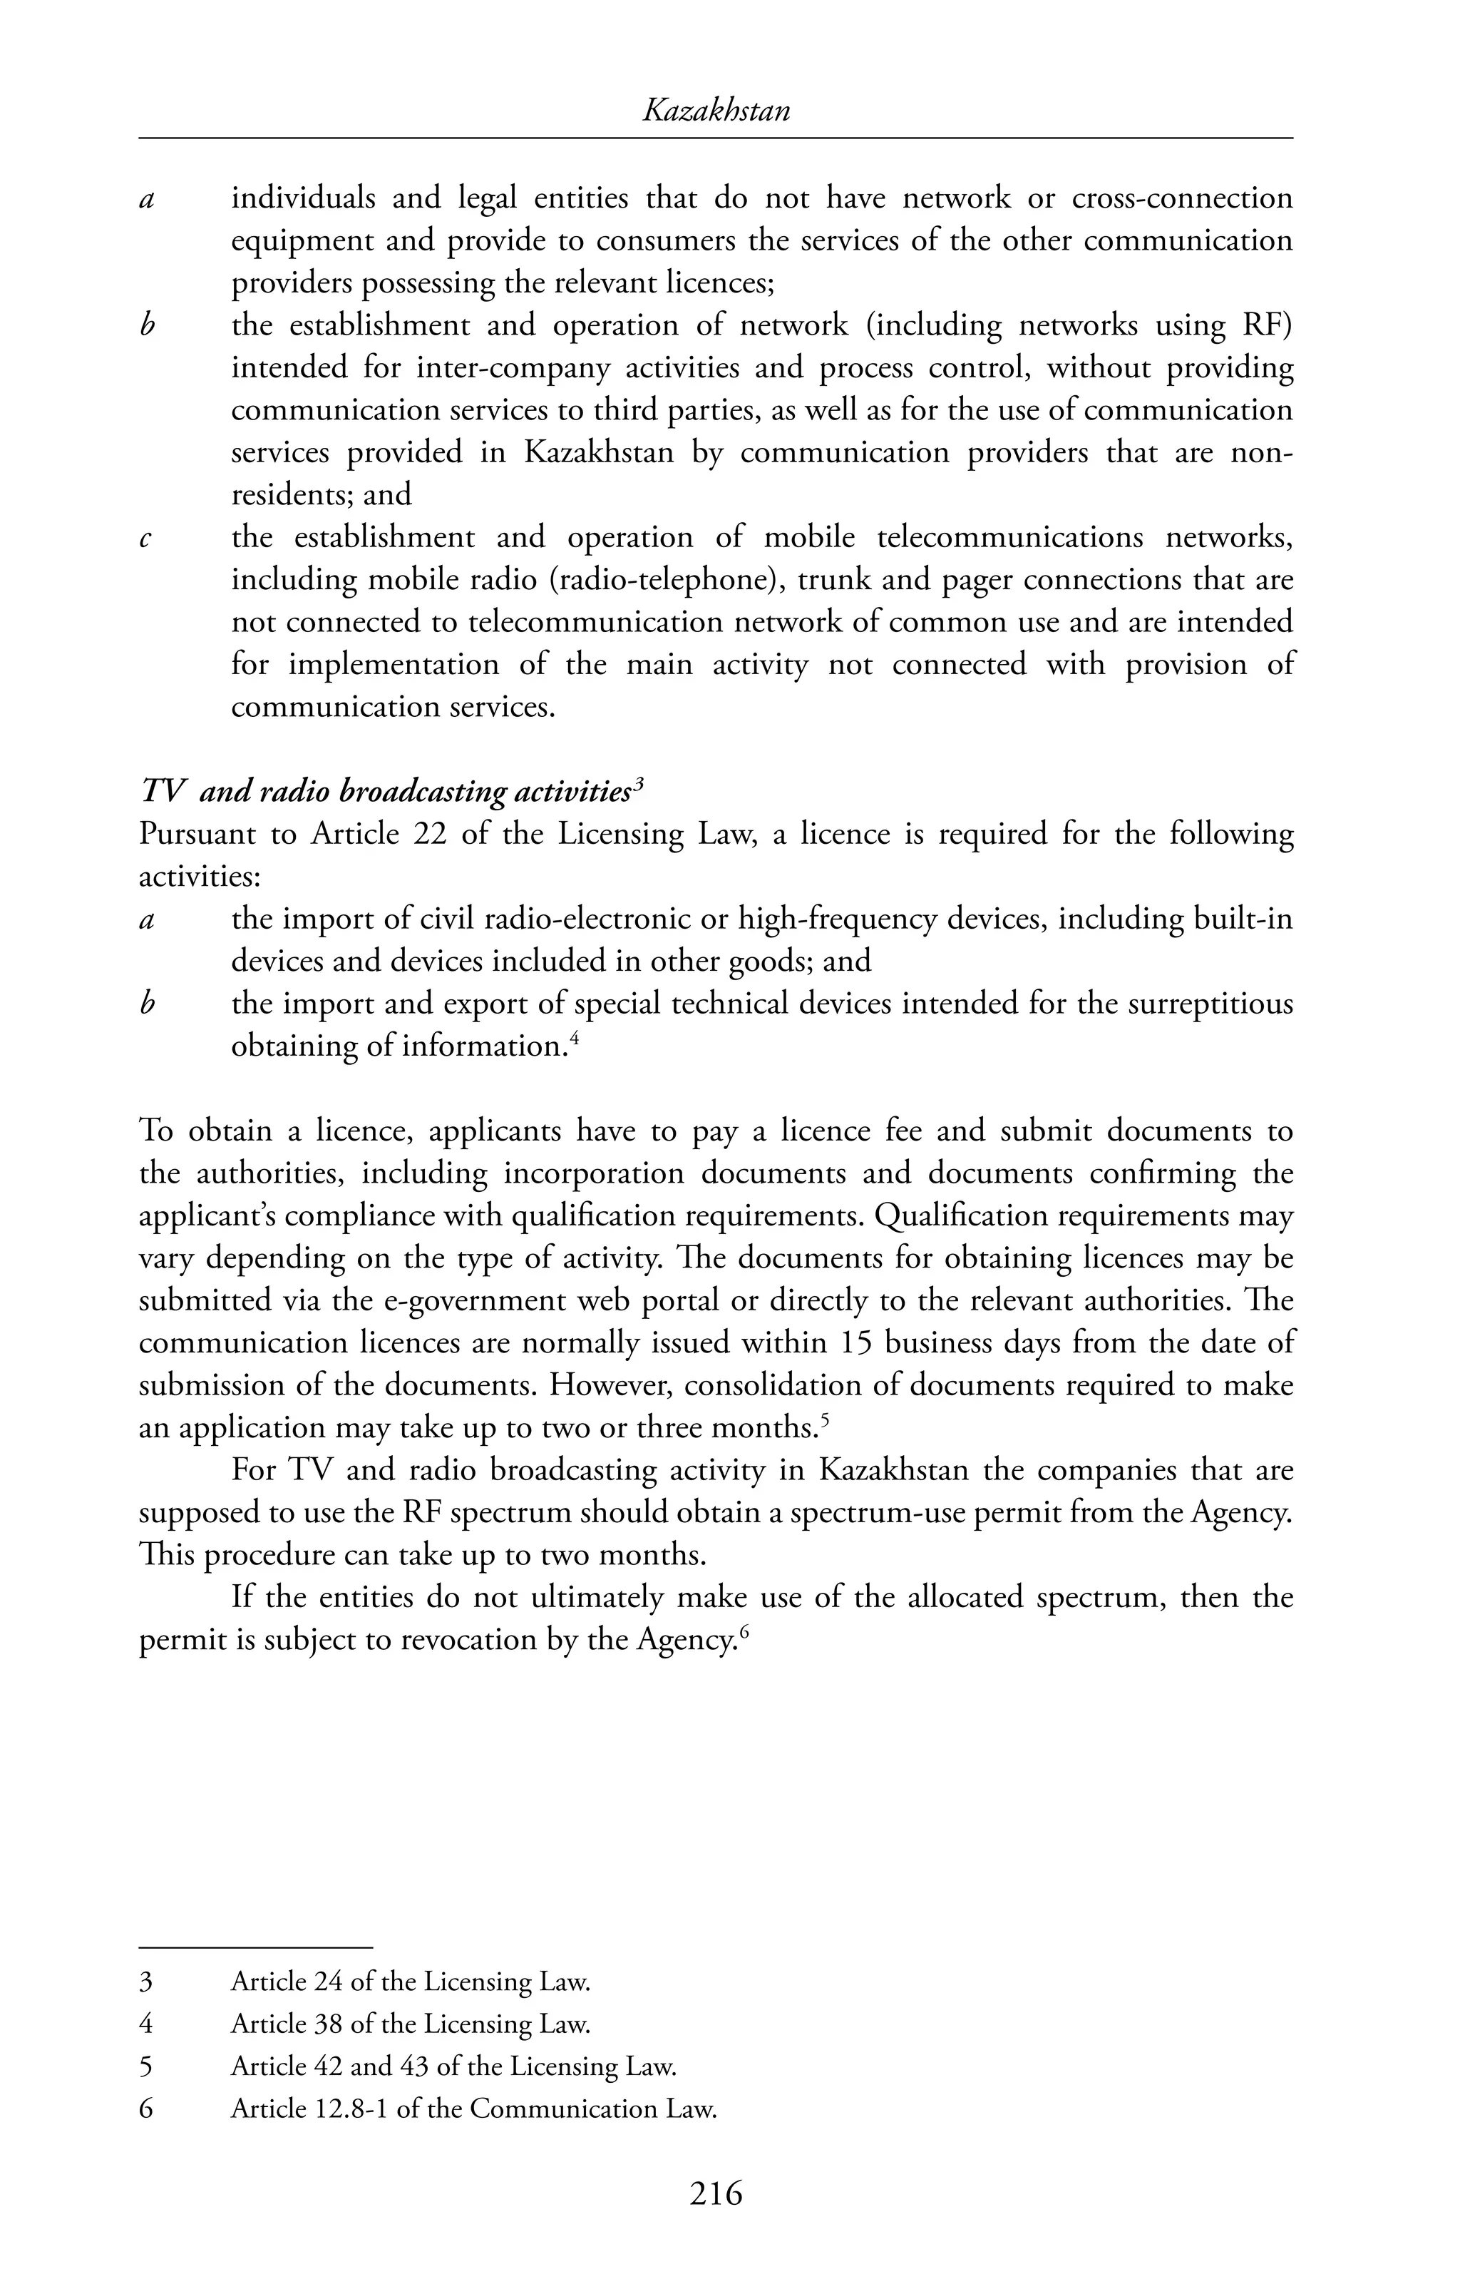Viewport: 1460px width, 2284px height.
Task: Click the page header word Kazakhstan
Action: coord(716,112)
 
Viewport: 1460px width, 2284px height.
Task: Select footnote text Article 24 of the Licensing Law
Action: coord(411,1982)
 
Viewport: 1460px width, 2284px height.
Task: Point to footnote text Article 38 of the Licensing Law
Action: coord(411,2024)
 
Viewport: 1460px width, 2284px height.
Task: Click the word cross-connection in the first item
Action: coord(1181,198)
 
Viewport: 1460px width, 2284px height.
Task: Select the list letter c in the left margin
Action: coord(146,539)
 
